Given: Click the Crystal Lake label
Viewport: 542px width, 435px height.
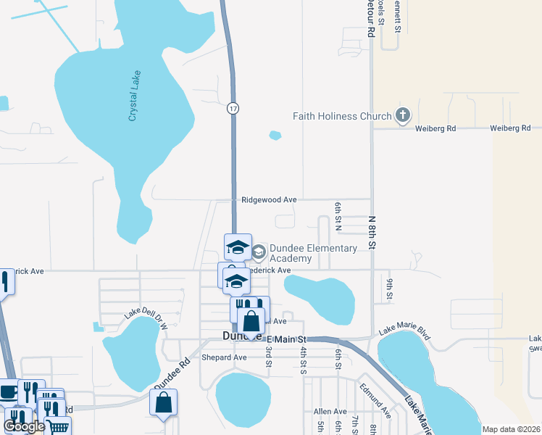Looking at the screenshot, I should coord(134,96).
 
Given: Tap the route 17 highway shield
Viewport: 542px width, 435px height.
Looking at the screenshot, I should coord(232,108).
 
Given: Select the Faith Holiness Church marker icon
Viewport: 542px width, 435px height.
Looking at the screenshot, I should coord(403,115).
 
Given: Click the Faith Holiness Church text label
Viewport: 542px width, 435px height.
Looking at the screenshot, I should coord(341,116).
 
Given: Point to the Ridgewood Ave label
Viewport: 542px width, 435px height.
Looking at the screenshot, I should coord(269,199).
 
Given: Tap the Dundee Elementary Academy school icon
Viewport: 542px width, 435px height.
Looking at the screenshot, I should coord(259,252).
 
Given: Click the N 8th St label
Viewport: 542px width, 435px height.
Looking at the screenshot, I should coord(372,232).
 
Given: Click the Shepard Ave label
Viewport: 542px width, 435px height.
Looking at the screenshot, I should coord(225,357).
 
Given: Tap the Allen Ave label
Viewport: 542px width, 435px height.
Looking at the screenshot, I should coord(330,411).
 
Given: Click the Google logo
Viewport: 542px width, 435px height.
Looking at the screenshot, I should coord(24,426).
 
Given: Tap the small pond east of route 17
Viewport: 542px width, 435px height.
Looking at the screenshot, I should coord(275,135).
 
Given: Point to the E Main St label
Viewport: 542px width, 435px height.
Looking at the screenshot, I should coord(287,339).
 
